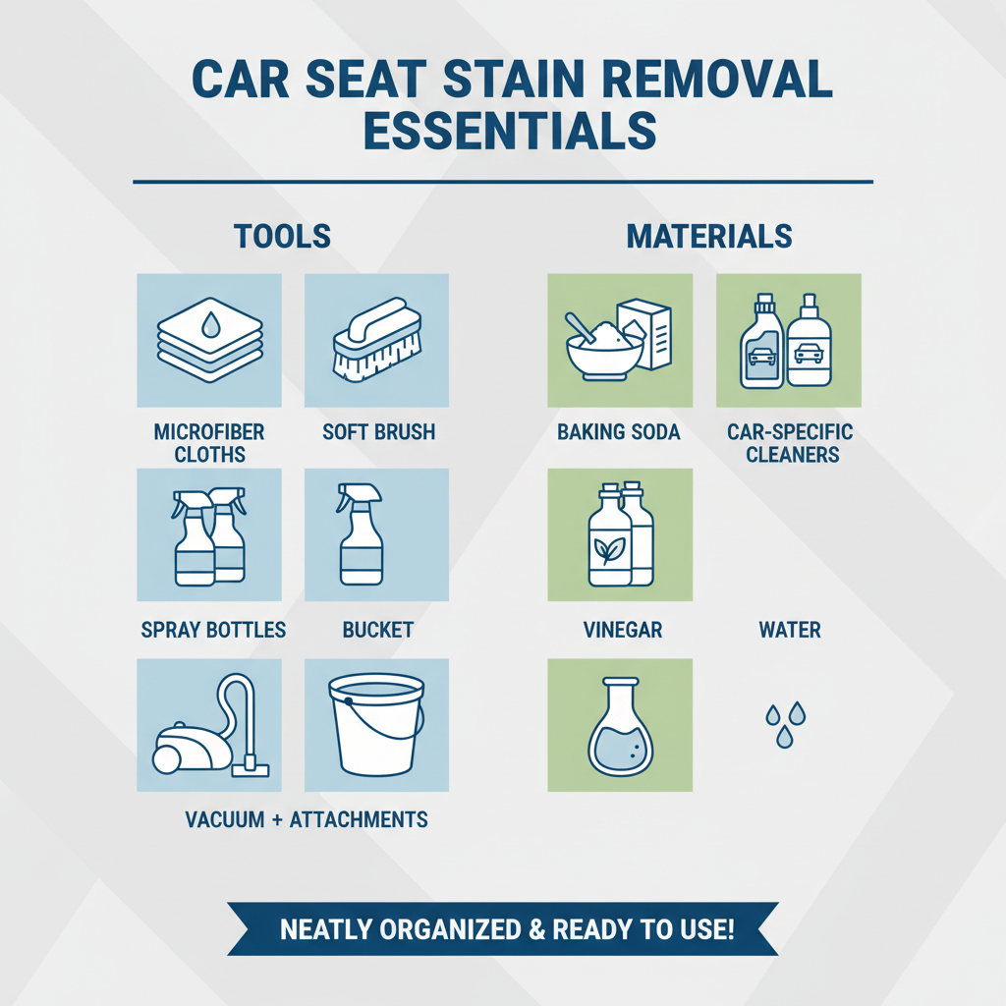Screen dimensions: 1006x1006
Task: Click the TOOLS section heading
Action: [282, 237]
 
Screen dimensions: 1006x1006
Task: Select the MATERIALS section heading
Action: [709, 237]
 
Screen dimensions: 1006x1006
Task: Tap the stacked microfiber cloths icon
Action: [209, 340]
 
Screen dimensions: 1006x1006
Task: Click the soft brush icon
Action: [377, 340]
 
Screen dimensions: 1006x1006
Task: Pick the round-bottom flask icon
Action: [620, 725]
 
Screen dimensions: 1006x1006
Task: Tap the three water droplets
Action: [785, 723]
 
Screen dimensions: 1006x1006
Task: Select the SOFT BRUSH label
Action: [378, 432]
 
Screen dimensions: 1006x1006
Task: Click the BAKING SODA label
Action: [619, 432]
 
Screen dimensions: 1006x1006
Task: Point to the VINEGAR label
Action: [620, 630]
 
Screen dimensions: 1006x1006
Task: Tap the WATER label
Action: [790, 630]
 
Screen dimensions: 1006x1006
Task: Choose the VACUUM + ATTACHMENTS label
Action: [307, 819]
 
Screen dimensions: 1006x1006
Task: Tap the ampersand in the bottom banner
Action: [533, 929]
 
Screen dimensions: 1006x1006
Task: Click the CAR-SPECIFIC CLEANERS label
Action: [790, 443]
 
